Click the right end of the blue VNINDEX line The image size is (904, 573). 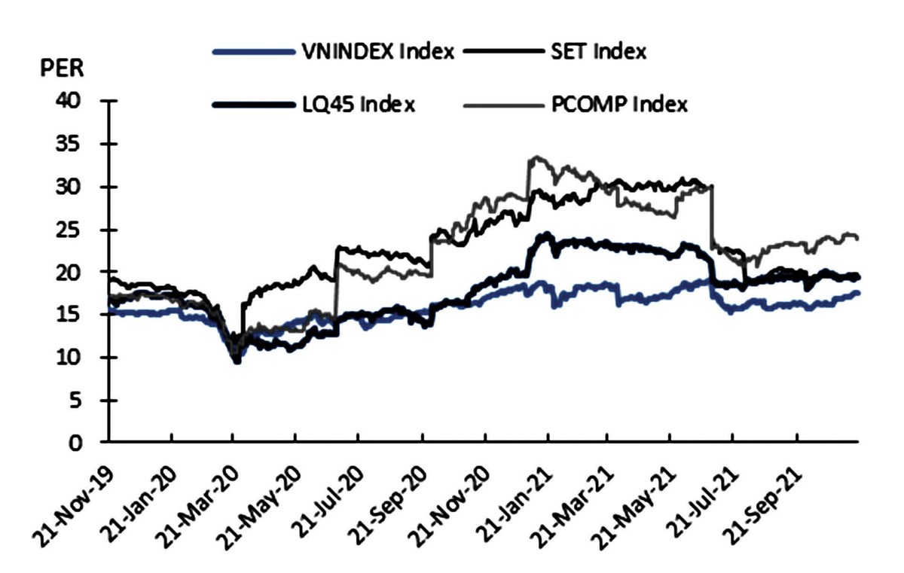pos(858,293)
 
